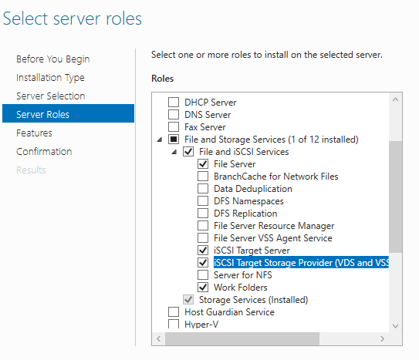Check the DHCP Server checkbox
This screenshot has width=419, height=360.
coord(174,102)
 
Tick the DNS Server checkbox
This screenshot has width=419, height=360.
coord(174,114)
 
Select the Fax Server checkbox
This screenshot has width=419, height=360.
coord(174,126)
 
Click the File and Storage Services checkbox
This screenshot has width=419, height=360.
coord(174,139)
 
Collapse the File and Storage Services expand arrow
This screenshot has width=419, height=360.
coord(160,140)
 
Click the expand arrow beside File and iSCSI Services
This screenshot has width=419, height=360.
coord(174,152)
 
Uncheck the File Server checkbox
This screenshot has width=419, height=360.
coord(203,163)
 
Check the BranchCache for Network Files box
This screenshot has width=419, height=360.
coord(203,176)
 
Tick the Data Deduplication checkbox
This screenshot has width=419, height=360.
coord(203,188)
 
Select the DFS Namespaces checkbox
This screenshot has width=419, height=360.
coord(203,200)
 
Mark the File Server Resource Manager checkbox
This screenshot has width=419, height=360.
coord(203,226)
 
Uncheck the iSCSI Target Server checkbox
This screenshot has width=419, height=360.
coord(203,250)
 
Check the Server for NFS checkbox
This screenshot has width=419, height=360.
coord(203,274)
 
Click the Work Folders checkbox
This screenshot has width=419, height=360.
coord(203,287)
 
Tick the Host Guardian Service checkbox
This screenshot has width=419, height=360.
coord(174,311)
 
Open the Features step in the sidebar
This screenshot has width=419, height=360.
coord(34,133)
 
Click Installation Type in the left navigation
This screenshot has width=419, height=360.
coord(50,78)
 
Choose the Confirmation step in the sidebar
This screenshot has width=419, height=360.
coord(44,151)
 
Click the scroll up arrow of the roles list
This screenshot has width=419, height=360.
coord(396,99)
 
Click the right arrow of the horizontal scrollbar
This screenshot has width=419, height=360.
coord(383,338)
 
